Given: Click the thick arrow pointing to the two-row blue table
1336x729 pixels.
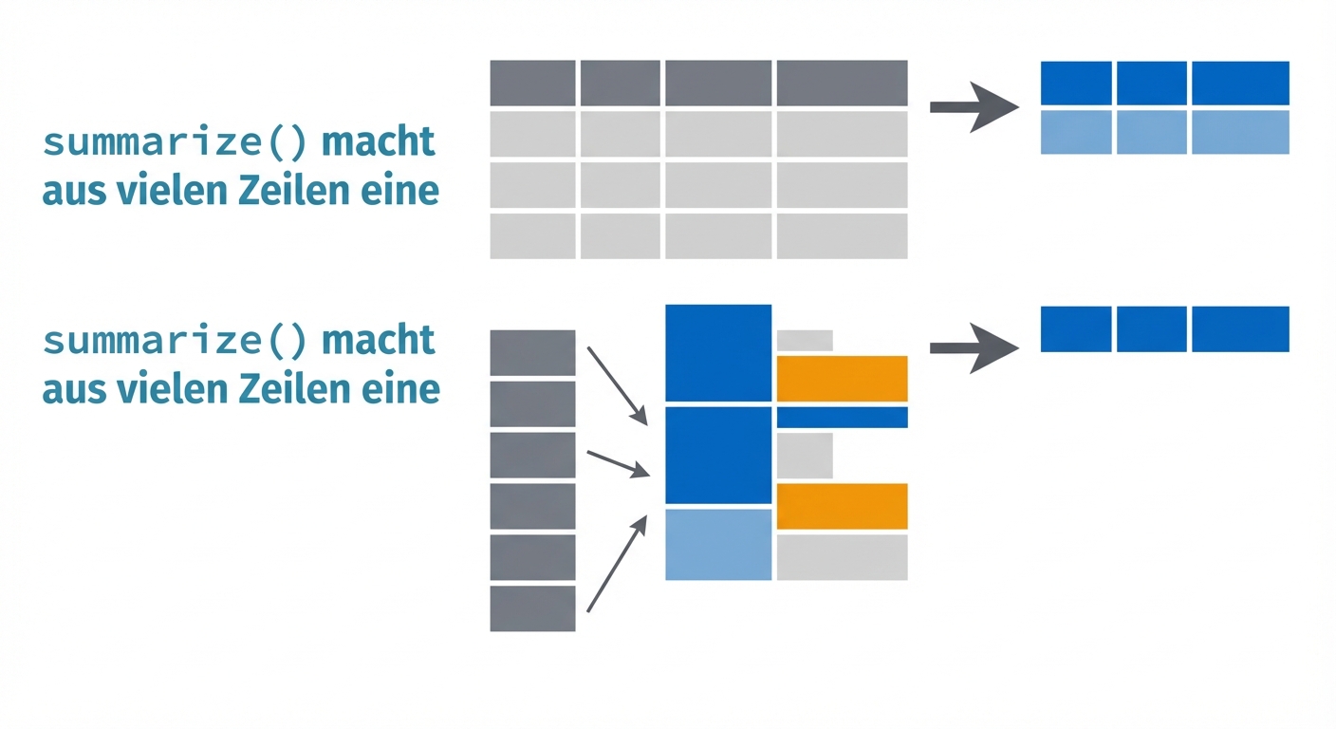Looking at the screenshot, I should tap(974, 106).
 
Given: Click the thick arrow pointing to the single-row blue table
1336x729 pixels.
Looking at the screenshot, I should tap(974, 348).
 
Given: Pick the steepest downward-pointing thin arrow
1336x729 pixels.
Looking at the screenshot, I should tap(617, 385).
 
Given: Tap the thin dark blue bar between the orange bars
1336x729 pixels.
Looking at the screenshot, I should tap(842, 417).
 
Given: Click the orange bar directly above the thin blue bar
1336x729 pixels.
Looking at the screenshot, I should tap(842, 379).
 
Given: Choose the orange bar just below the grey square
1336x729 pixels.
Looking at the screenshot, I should tap(842, 506).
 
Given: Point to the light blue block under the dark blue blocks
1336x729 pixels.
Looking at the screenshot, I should tap(718, 545).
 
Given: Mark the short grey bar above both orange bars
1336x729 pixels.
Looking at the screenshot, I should tap(805, 340).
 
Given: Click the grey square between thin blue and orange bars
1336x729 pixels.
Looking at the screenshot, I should tap(805, 456).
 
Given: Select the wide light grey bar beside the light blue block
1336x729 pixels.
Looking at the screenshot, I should tap(842, 557).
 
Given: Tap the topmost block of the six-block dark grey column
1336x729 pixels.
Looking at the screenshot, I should tap(532, 352).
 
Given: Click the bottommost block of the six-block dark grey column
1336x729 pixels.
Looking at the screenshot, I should tap(532, 608).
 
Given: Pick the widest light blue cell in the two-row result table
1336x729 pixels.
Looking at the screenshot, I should tap(1240, 132).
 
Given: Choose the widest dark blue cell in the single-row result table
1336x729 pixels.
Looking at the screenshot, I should tap(1240, 329).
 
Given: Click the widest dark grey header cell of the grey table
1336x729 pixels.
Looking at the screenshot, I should tap(842, 84).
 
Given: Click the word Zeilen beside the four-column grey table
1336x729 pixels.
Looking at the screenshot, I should tap(281, 191).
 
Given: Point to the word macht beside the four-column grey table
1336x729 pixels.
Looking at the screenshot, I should tap(379, 142).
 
